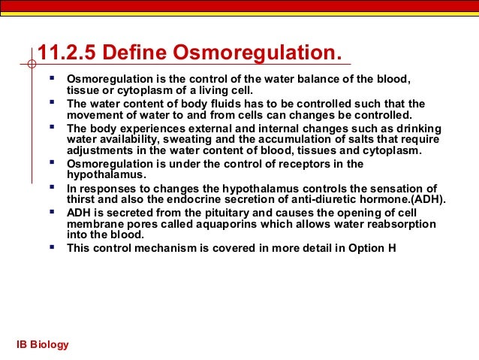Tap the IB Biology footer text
pyautogui.click(x=43, y=344)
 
